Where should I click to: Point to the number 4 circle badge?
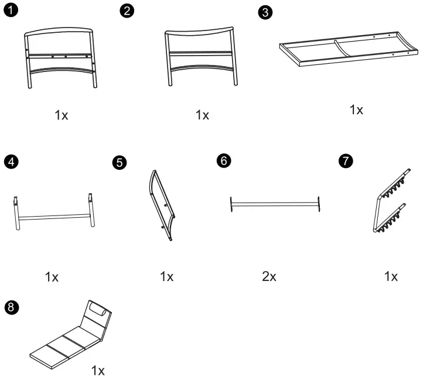click(x=10, y=162)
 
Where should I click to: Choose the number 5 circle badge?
click(x=120, y=163)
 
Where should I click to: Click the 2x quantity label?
click(x=269, y=276)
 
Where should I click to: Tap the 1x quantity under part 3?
click(x=356, y=109)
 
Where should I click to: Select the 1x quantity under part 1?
click(x=62, y=115)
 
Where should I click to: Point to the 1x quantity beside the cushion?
click(x=98, y=370)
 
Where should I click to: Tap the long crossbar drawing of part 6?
click(x=275, y=204)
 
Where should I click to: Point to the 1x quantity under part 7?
click(x=391, y=276)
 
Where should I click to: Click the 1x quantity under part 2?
click(x=202, y=115)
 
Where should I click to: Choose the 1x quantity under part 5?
click(x=167, y=276)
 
